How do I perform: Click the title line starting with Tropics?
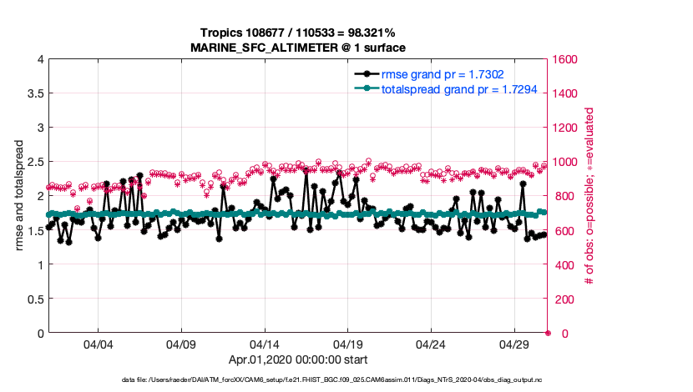point(297,33)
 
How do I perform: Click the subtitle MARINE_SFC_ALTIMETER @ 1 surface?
point(298,47)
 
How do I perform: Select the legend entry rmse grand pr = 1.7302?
point(443,74)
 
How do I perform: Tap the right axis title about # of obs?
point(589,196)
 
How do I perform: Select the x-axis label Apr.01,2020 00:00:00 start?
point(298,360)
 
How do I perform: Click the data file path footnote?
point(298,380)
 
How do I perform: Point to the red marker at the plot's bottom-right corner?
point(548,333)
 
